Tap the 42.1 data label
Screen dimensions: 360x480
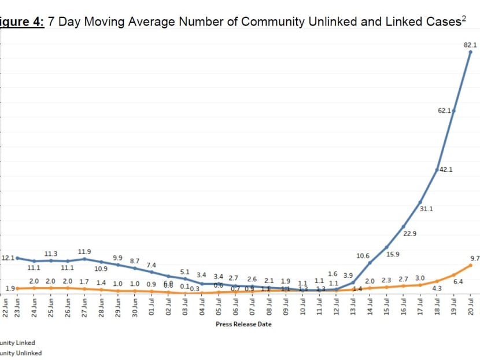(446, 170)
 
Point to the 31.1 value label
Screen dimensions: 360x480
(426, 208)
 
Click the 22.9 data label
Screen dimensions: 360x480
(410, 233)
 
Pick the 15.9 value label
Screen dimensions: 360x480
(393, 254)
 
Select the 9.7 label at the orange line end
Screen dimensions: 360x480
(475, 258)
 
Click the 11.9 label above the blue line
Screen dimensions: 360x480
(84, 252)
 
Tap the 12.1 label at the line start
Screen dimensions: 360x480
(8, 258)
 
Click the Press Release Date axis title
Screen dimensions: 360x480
(243, 324)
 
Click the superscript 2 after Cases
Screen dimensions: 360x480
(464, 19)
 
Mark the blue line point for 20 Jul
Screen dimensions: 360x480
(471, 52)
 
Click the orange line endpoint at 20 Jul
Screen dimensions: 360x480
(471, 265)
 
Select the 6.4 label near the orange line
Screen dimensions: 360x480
(458, 281)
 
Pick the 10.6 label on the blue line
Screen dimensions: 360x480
(363, 256)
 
